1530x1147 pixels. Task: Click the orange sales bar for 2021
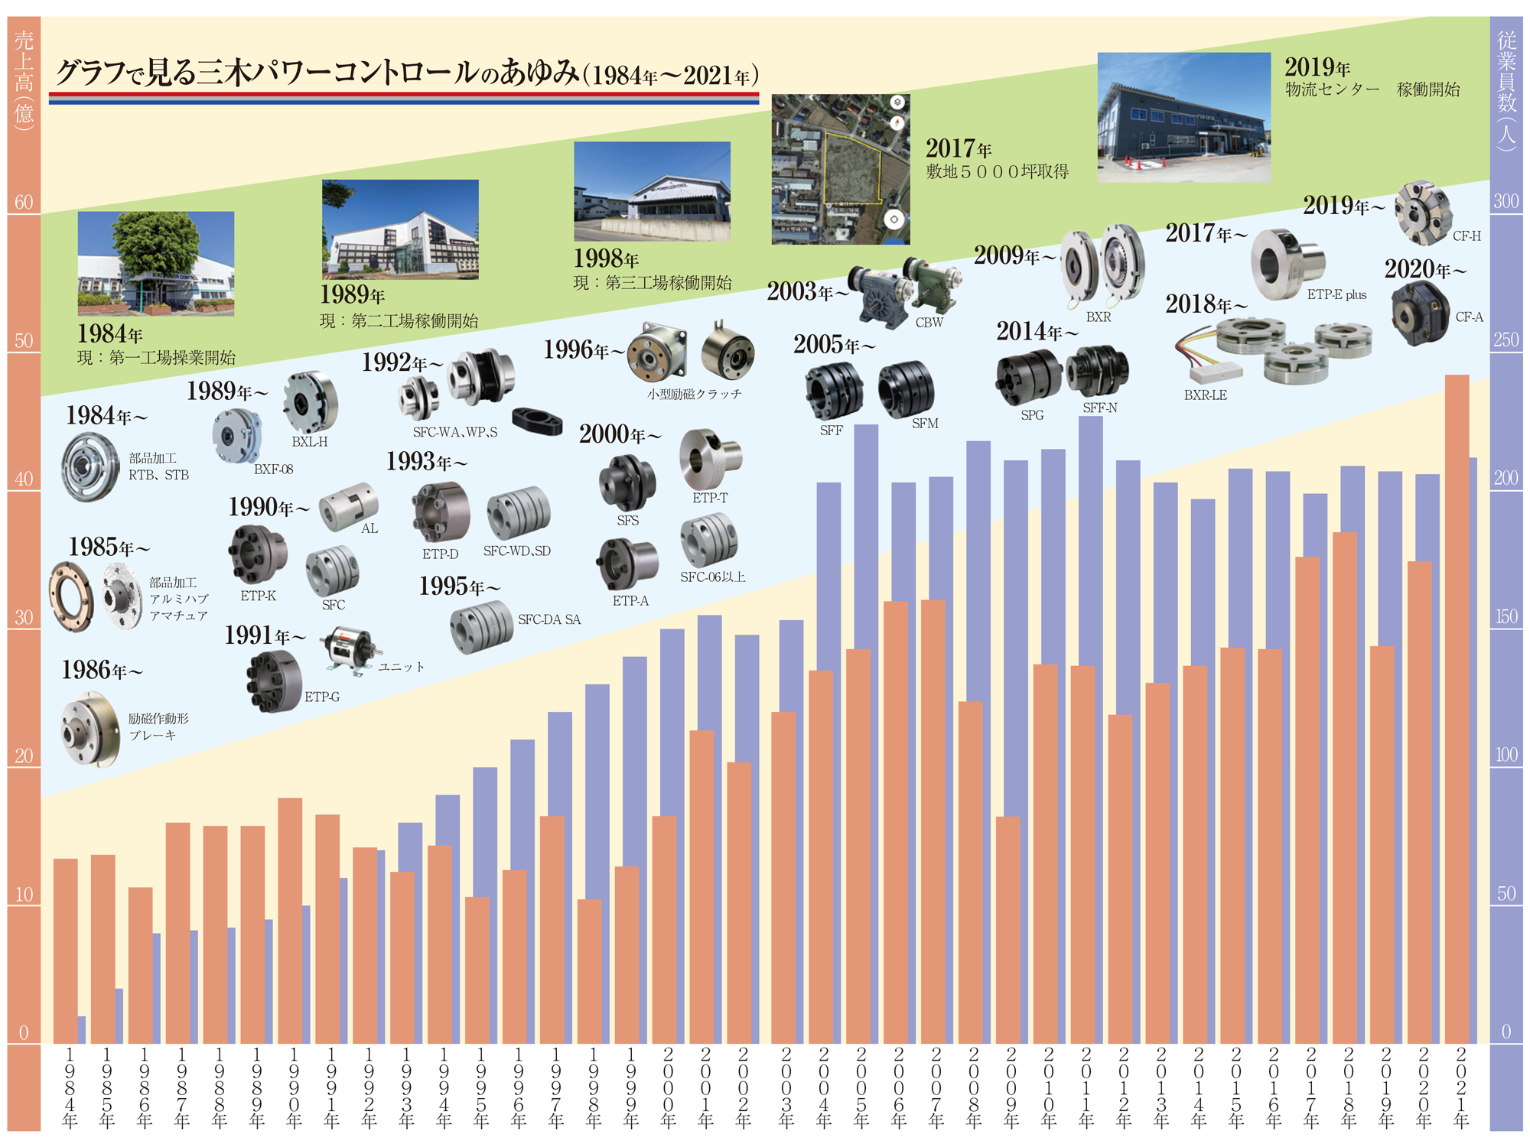tap(1457, 711)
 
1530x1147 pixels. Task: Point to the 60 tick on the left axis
tap(24, 203)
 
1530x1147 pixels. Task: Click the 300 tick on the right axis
tap(1506, 202)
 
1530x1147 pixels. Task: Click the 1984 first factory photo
tap(156, 264)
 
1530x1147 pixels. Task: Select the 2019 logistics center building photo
tap(1183, 117)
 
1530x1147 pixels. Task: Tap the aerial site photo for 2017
tap(840, 169)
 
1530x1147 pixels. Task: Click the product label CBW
tap(929, 323)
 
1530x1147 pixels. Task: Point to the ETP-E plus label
tap(1336, 295)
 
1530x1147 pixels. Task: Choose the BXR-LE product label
tap(1205, 395)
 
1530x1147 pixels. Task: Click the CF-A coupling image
tap(1420, 314)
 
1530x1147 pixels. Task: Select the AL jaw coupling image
tap(348, 506)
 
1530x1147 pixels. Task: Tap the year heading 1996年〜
tap(584, 350)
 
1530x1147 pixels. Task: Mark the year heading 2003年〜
tap(808, 291)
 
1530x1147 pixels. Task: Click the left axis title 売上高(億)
tap(24, 80)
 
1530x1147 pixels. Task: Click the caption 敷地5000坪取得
tap(997, 172)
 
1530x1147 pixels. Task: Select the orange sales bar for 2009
tap(1008, 929)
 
